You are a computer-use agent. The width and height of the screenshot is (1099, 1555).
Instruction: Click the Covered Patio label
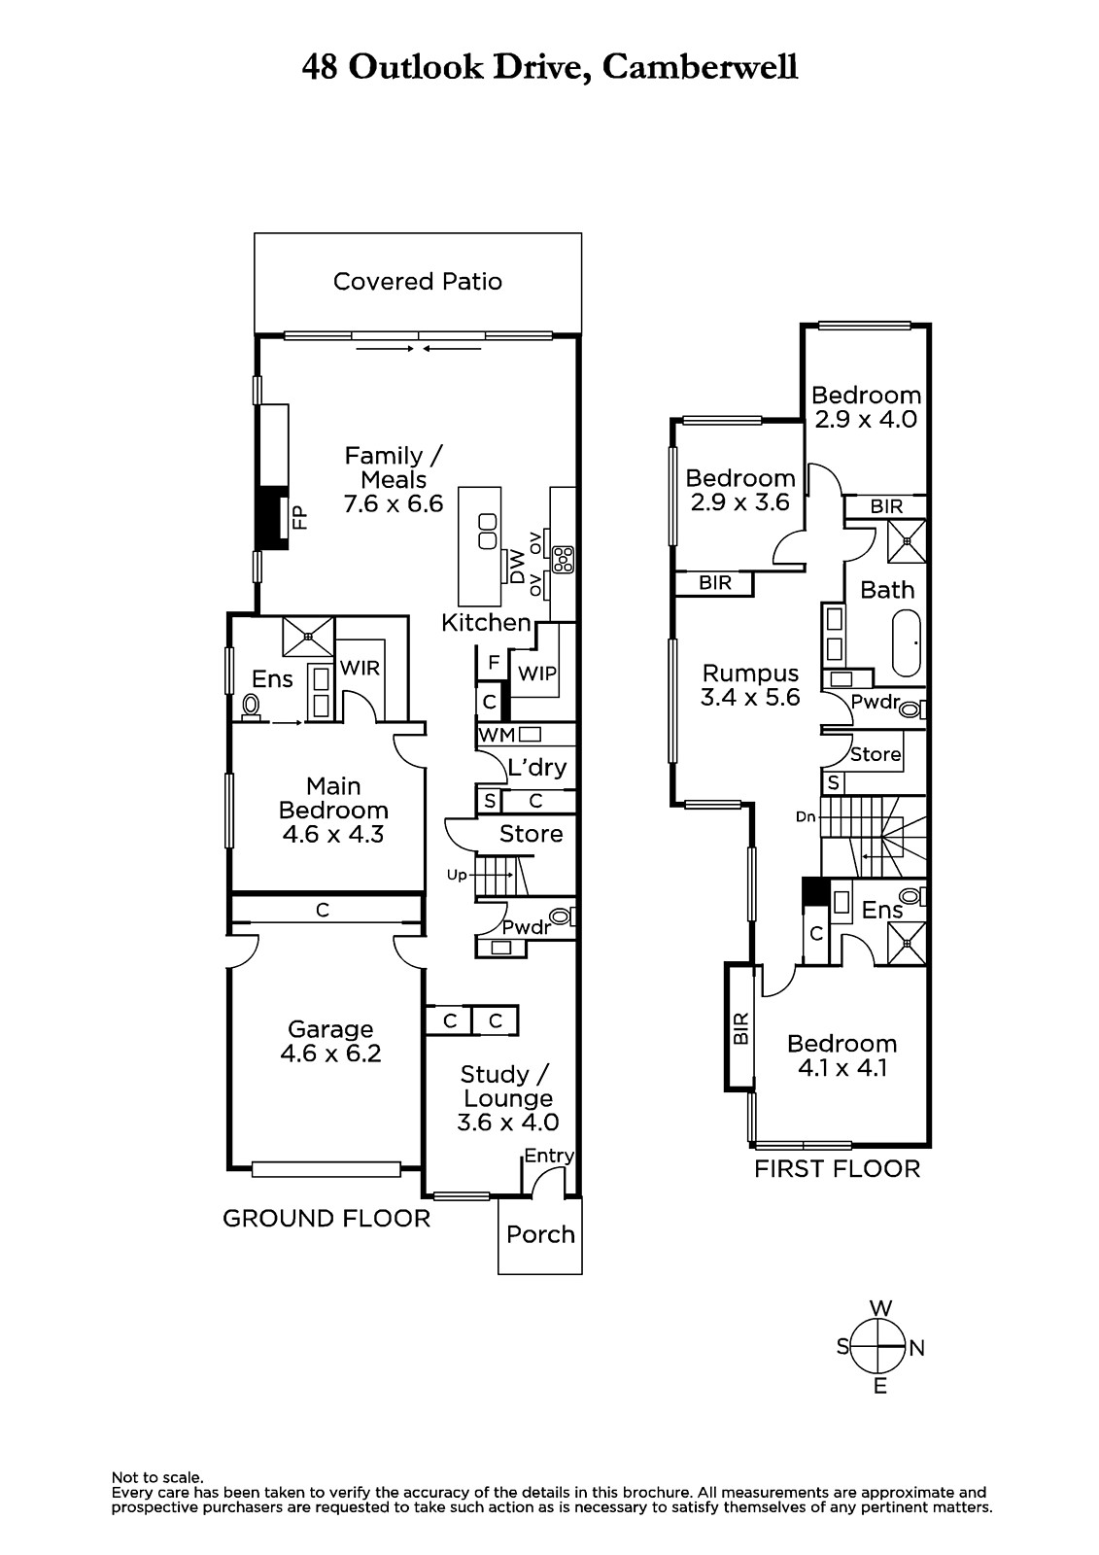pyautogui.click(x=417, y=281)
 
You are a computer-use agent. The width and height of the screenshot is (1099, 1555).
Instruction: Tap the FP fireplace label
pyautogui.click(x=299, y=517)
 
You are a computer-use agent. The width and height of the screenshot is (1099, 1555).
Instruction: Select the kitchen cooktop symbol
pyautogui.click(x=563, y=560)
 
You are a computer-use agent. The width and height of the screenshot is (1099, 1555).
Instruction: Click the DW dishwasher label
pyautogui.click(x=518, y=567)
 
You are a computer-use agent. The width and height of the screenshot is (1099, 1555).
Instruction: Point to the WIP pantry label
pyautogui.click(x=536, y=673)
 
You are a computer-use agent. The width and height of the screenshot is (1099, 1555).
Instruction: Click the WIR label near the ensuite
pyautogui.click(x=360, y=668)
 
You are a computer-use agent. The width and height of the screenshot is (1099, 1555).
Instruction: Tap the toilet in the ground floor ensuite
pyautogui.click(x=251, y=707)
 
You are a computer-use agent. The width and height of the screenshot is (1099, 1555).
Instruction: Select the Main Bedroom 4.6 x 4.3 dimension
pyautogui.click(x=332, y=834)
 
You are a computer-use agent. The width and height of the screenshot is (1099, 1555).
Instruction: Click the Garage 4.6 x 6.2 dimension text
pyautogui.click(x=330, y=1054)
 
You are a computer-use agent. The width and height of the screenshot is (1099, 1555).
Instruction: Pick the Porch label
pyautogui.click(x=540, y=1234)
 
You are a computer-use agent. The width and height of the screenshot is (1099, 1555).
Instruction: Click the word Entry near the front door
pyautogui.click(x=548, y=1156)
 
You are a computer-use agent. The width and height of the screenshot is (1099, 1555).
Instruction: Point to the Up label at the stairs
pyautogui.click(x=456, y=876)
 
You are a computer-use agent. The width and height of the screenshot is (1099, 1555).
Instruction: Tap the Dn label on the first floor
pyautogui.click(x=806, y=817)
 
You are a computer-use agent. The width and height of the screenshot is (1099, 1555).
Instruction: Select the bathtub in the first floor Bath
pyautogui.click(x=906, y=642)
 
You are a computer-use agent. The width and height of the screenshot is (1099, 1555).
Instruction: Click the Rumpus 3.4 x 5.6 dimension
pyautogui.click(x=750, y=697)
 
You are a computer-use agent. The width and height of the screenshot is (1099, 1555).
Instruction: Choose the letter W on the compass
pyautogui.click(x=880, y=1308)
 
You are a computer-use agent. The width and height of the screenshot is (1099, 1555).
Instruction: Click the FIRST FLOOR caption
pyautogui.click(x=837, y=1169)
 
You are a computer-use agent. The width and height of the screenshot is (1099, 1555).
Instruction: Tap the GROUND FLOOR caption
pyautogui.click(x=326, y=1219)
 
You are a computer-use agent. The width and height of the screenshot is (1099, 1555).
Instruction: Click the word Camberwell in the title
pyautogui.click(x=700, y=68)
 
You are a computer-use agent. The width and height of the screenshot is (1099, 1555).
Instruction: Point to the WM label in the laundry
pyautogui.click(x=498, y=735)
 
